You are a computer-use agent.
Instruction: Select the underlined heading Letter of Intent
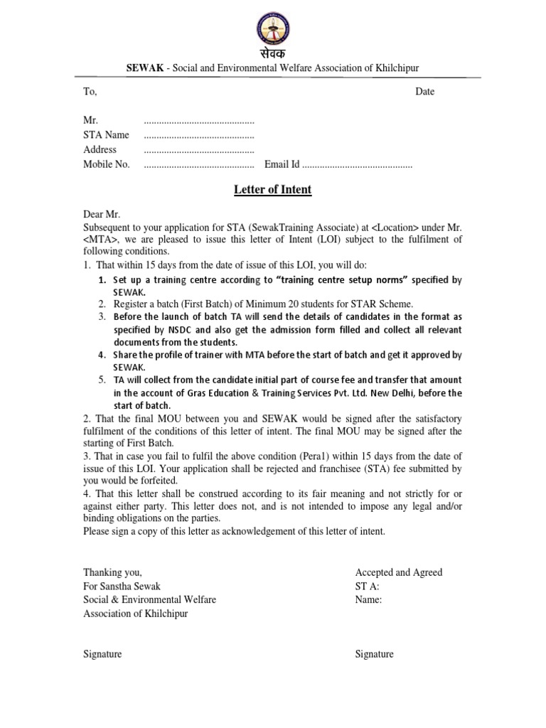pyautogui.click(x=273, y=190)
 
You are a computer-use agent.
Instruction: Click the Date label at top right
pyautogui.click(x=425, y=92)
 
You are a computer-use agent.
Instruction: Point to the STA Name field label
pyautogui.click(x=106, y=135)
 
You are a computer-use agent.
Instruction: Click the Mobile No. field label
pyautogui.click(x=107, y=164)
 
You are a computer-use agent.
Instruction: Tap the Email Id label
pyautogui.click(x=282, y=164)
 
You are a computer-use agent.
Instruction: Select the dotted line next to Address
pyautogui.click(x=199, y=150)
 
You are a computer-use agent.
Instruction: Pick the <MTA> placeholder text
pyautogui.click(x=102, y=240)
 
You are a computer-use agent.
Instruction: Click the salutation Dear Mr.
pyautogui.click(x=102, y=215)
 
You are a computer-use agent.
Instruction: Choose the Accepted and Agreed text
pyautogui.click(x=398, y=572)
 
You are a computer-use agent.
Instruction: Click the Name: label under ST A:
pyautogui.click(x=368, y=599)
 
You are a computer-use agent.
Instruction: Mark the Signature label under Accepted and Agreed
pyautogui.click(x=374, y=654)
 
